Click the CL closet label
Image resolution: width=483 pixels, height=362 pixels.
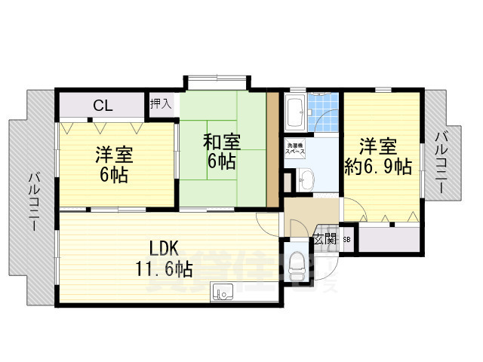(103, 106)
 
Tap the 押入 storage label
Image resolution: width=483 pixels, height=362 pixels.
(161, 103)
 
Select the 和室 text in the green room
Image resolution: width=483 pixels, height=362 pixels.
(222, 141)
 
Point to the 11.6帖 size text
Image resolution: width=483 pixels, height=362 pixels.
(164, 269)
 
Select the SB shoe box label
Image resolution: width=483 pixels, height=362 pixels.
(346, 240)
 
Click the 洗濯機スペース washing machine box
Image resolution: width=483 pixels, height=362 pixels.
(294, 149)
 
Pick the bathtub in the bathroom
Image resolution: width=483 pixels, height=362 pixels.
(295, 113)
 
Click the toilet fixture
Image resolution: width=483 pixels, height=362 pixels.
(298, 264)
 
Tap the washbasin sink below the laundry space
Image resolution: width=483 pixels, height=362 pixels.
(304, 179)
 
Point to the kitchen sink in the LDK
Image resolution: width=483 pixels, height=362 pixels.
(223, 290)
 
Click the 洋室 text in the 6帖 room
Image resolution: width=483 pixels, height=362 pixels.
(114, 155)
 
